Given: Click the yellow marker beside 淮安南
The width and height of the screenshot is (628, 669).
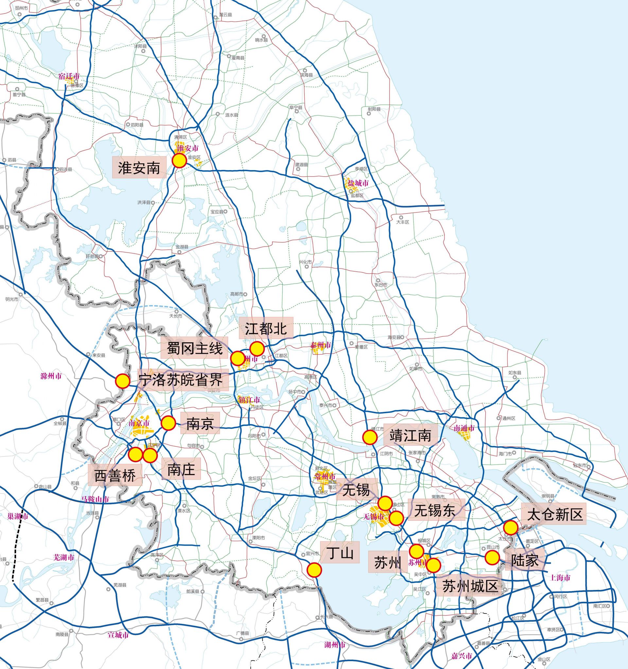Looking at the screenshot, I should (179, 161).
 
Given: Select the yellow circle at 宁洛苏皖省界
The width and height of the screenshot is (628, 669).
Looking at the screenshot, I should (122, 381).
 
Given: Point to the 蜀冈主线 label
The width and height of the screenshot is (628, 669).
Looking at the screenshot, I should (195, 349).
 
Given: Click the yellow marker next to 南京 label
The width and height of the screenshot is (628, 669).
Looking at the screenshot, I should (168, 423).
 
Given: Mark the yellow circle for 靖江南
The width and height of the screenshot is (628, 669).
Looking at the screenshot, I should (370, 437).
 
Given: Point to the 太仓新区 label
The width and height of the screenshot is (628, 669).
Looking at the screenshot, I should (554, 514).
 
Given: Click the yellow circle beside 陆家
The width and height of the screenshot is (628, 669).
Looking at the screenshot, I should (492, 558).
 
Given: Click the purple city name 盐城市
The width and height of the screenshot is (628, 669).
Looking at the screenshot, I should (358, 183).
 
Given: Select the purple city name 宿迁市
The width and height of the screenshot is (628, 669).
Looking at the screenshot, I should (69, 77).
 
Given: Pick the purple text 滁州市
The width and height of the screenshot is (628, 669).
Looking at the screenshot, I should (51, 376).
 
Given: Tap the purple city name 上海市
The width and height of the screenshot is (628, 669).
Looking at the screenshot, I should (560, 578).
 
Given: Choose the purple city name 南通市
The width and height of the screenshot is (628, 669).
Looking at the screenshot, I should (464, 428).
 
